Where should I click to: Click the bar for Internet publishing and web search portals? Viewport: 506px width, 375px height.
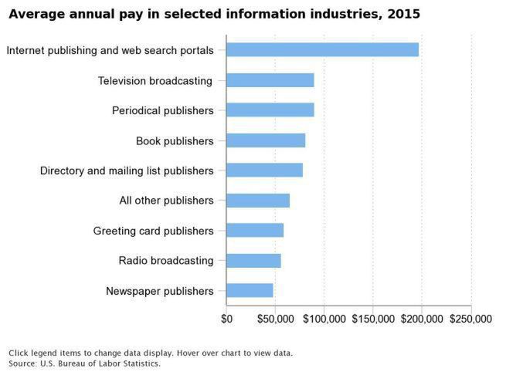tap(323, 50)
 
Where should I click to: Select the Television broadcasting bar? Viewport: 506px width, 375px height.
tap(270, 80)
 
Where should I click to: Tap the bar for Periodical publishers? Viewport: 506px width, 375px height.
tap(270, 110)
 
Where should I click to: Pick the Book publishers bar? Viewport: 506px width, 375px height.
tap(266, 140)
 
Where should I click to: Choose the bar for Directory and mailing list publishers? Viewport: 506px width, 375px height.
tap(265, 171)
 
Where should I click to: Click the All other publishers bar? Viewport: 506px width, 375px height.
tap(258, 201)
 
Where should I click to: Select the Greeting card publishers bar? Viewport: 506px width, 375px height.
tap(255, 231)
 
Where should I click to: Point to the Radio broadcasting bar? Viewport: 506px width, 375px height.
tap(253, 261)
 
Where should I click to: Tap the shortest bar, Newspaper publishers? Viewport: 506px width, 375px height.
tap(250, 291)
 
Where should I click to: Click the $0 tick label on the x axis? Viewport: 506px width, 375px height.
tap(227, 319)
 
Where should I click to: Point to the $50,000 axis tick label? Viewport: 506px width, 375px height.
tap(275, 319)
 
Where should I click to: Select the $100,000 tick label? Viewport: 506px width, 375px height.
tap(324, 319)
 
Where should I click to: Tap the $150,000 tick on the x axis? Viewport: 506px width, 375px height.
tap(373, 319)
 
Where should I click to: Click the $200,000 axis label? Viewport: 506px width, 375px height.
tap(422, 319)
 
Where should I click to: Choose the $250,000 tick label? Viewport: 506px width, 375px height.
tap(470, 319)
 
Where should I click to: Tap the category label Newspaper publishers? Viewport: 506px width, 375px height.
tap(159, 291)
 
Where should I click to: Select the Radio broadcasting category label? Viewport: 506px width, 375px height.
tap(166, 261)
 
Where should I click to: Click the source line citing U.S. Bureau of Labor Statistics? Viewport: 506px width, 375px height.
tap(85, 363)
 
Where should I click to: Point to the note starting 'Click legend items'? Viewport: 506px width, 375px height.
tap(151, 353)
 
